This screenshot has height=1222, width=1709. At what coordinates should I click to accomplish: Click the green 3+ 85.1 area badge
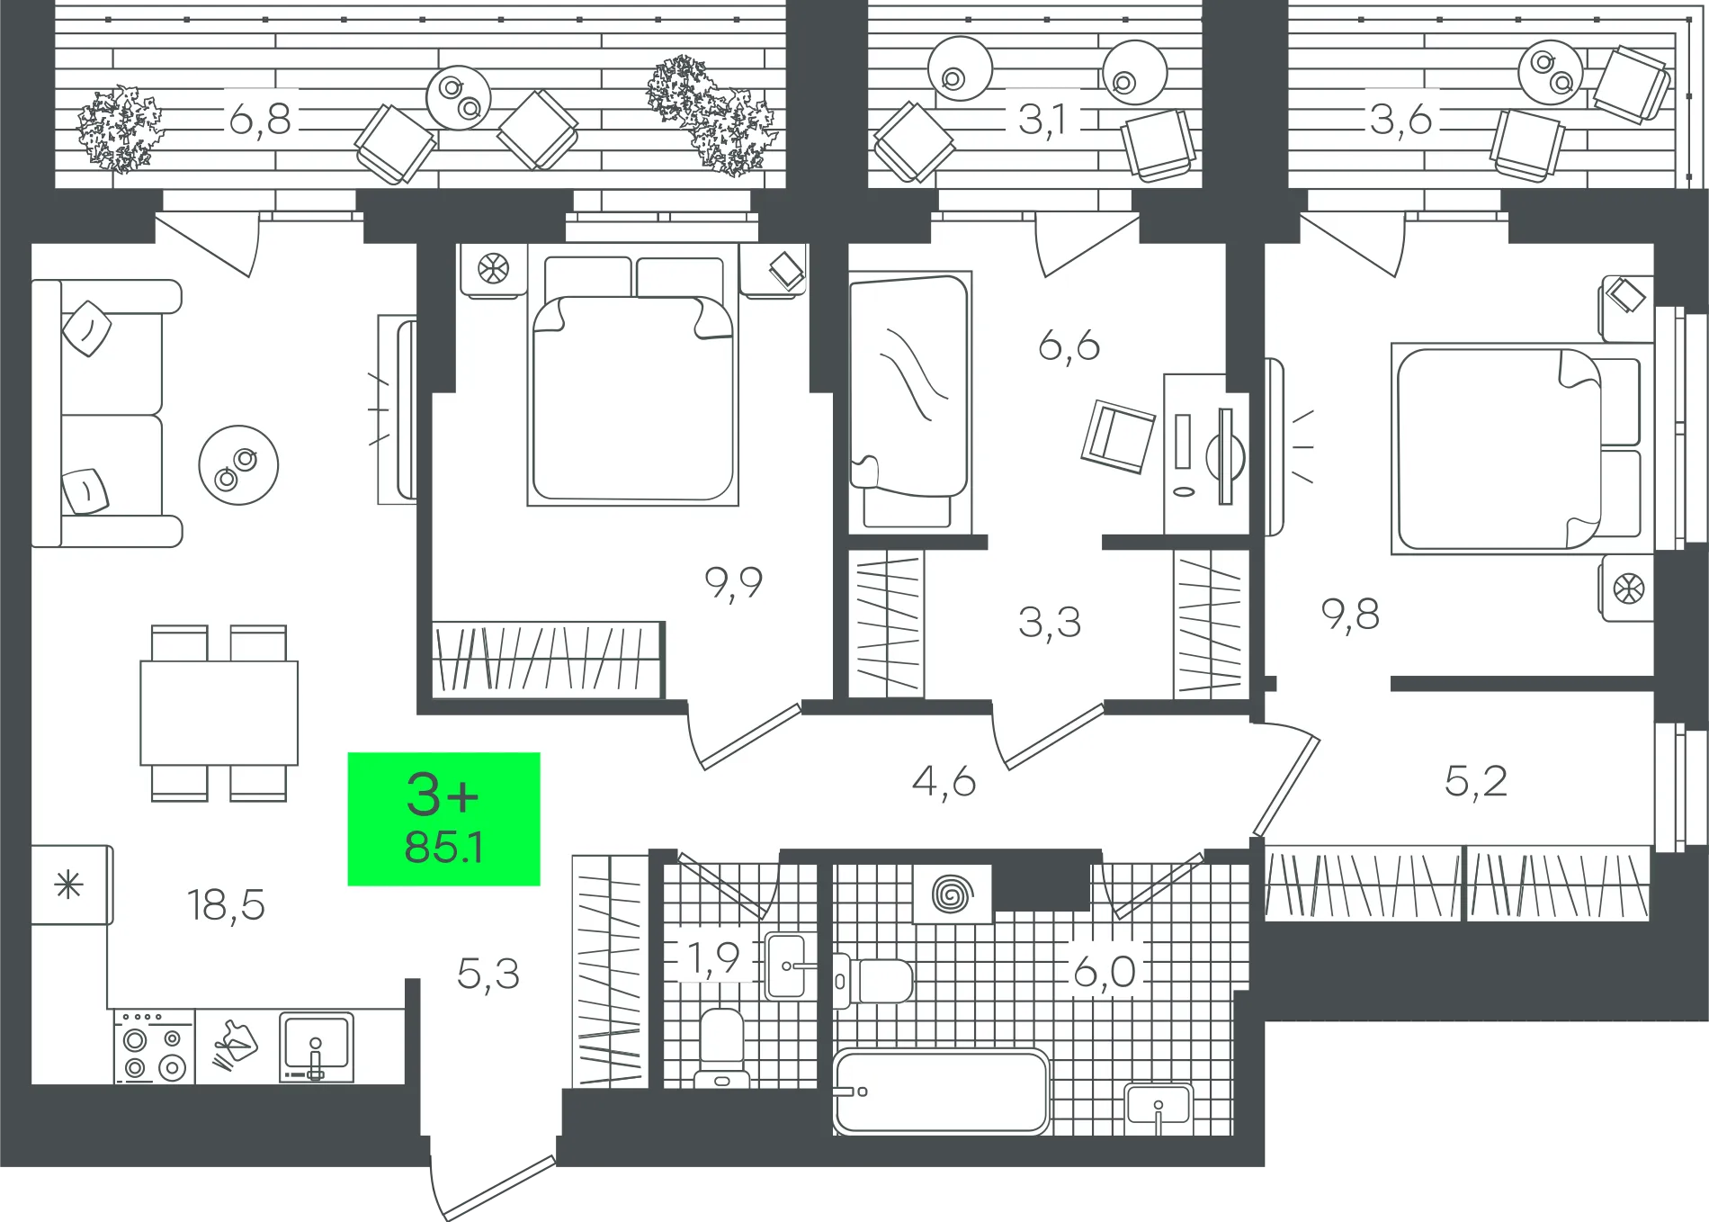443,819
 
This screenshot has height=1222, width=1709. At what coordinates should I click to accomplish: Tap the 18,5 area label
227,905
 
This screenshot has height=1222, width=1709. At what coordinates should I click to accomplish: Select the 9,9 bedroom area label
734,583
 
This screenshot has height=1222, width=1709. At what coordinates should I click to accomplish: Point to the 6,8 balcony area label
260,119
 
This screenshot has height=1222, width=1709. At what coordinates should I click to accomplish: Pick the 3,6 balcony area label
1400,119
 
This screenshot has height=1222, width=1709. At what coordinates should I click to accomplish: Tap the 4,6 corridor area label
944,781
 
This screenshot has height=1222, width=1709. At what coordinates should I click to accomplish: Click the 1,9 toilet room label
713,958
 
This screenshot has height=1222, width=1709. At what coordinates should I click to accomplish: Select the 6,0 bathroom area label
1105,972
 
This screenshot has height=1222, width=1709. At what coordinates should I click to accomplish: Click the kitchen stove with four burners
154,1047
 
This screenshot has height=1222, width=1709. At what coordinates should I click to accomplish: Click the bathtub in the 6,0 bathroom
941,1092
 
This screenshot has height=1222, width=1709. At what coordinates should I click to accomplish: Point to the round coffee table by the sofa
238,465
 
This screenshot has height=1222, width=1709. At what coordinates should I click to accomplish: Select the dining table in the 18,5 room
219,713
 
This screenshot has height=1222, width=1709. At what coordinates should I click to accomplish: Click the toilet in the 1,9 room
721,1047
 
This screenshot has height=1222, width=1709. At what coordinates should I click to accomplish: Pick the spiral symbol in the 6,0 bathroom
953,894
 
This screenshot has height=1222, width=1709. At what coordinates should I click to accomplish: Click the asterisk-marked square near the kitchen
70,885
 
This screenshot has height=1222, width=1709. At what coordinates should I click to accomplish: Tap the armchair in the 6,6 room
1118,437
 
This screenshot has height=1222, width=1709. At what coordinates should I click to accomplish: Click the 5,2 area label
1475,781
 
